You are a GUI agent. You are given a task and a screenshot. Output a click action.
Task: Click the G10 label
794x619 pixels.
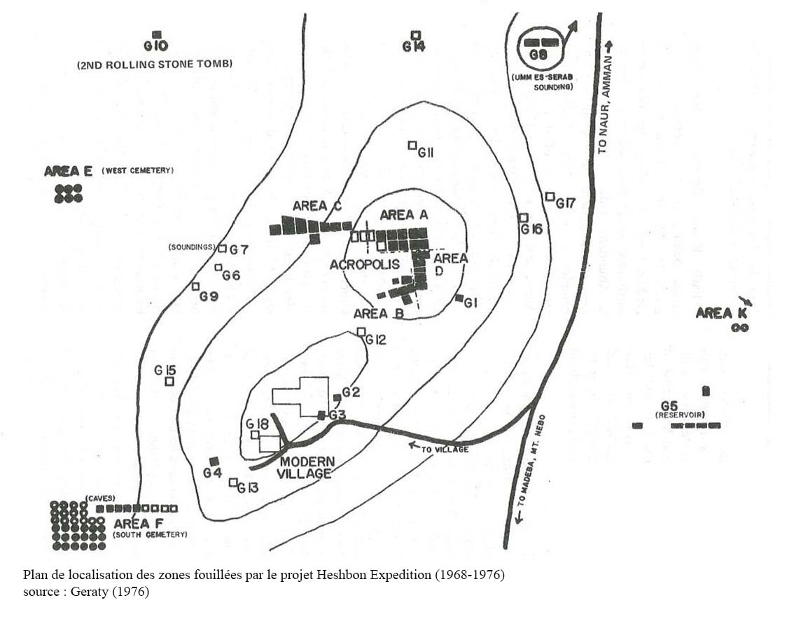point(156,46)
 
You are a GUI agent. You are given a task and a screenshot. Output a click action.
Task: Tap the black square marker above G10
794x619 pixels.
point(157,34)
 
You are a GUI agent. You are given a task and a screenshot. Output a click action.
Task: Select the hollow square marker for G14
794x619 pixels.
point(415,35)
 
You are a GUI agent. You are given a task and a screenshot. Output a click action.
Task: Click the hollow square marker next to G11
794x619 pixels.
point(412,145)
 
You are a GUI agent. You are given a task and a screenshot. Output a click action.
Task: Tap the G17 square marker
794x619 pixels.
point(550,196)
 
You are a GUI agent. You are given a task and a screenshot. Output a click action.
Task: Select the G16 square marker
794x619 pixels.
point(523,217)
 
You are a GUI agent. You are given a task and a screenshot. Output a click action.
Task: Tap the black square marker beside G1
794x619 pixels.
point(459,298)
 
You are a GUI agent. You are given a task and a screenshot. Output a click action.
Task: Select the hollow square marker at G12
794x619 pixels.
point(361,331)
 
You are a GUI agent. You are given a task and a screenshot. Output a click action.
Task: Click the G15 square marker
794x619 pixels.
point(169,382)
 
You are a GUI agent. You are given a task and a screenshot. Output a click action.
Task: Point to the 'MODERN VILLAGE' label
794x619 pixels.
point(305,468)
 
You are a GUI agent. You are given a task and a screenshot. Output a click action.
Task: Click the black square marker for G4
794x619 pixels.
point(214,460)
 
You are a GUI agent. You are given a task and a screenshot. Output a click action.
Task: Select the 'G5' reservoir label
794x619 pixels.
point(669,406)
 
